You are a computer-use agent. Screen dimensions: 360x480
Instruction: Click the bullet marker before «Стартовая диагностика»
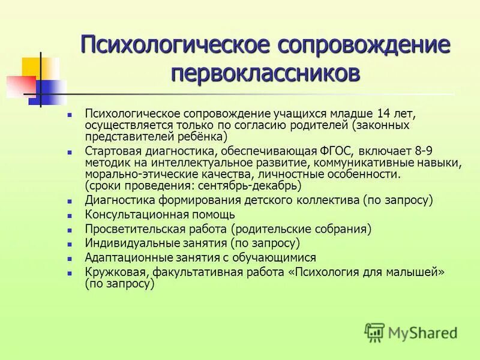click(x=70, y=151)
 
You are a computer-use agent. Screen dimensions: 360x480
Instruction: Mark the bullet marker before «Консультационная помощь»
click(x=70, y=215)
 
